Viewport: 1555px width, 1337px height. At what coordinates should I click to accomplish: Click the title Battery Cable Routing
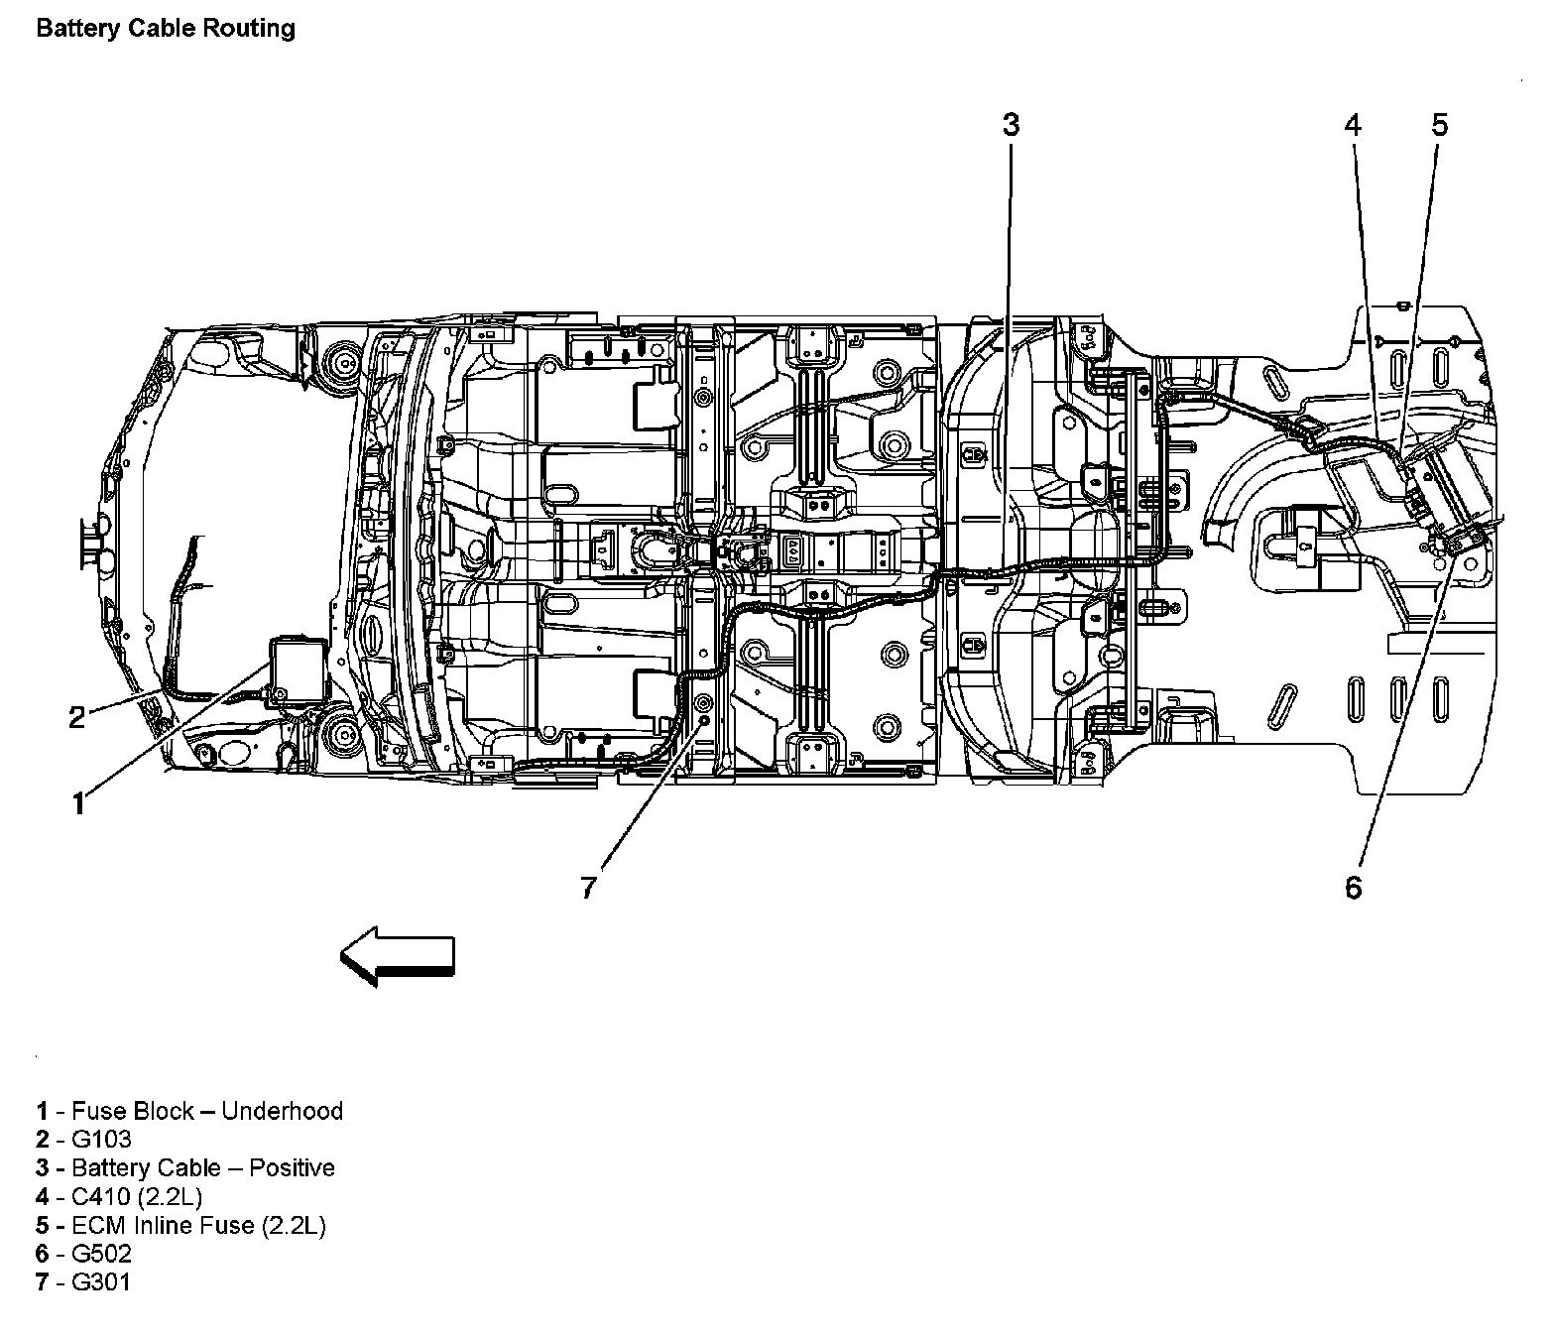tap(166, 28)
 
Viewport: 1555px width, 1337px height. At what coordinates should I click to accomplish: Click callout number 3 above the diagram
tap(1010, 125)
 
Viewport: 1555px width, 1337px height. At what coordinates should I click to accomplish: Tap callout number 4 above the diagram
tap(1353, 125)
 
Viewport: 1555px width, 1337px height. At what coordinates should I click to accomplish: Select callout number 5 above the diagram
tap(1439, 125)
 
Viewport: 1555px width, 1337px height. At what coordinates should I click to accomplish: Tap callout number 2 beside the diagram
tap(77, 717)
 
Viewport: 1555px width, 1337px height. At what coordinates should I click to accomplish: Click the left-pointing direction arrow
tap(398, 956)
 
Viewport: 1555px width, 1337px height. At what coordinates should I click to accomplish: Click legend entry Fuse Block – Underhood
tap(189, 1111)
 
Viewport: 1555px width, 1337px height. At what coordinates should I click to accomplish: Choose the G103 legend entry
tap(84, 1140)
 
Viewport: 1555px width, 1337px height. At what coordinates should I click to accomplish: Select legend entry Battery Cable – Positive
tap(185, 1168)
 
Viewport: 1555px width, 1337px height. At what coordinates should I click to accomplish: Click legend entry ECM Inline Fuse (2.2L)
tap(180, 1226)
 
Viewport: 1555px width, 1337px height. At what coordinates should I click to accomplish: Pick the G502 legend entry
tap(84, 1254)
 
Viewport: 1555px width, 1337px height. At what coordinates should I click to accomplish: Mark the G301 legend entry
tap(83, 1282)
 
